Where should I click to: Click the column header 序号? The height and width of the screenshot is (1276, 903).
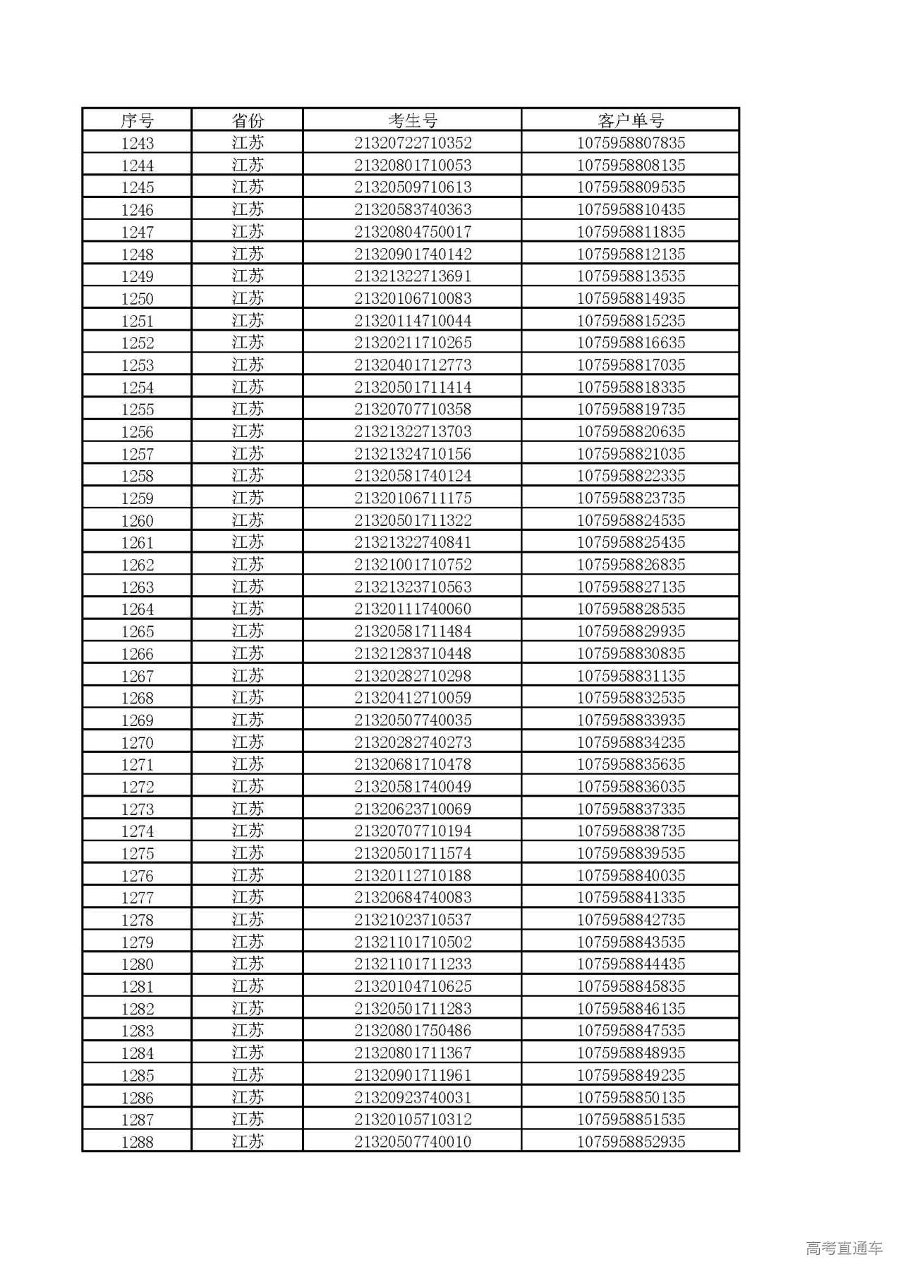pos(137,121)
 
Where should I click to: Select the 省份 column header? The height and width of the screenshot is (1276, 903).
pos(247,121)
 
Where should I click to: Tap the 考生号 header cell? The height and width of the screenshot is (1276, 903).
pos(413,121)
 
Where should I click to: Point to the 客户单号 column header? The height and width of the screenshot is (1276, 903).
pos(631,121)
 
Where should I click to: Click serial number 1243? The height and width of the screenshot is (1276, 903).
pos(137,143)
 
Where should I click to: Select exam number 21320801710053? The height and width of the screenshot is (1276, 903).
pos(413,166)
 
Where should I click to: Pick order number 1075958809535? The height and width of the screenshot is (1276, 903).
pos(631,188)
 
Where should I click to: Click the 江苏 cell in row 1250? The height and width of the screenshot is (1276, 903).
pos(247,298)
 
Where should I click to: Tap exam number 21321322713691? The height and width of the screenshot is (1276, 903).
pos(413,276)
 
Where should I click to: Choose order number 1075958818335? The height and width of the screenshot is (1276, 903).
pos(631,387)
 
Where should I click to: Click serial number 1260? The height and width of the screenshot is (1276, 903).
pos(137,520)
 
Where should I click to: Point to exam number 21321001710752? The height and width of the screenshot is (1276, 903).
pos(413,565)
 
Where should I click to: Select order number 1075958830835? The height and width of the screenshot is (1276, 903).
pos(631,654)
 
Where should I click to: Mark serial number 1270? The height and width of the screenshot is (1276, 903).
pos(137,742)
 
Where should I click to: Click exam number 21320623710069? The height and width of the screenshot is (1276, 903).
pos(413,809)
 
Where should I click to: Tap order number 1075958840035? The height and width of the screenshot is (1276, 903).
pos(631,876)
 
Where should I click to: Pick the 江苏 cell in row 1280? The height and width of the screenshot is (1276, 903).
pos(247,964)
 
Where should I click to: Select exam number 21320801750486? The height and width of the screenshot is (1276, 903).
pos(413,1031)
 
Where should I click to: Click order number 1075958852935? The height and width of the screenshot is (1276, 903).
pos(631,1141)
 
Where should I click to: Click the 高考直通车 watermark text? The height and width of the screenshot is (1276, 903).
pos(844,1248)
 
